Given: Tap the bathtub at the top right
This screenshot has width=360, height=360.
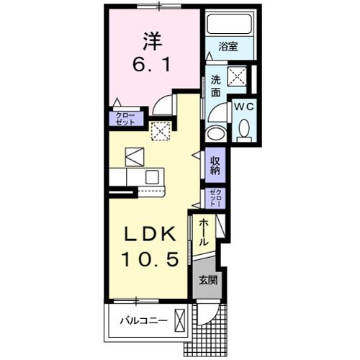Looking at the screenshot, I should click(x=228, y=26).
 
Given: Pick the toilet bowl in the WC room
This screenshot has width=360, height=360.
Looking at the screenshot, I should click(x=243, y=130).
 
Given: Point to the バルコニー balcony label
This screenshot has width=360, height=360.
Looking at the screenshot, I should click(x=143, y=320).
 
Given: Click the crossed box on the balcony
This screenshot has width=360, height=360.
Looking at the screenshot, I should click(x=179, y=319).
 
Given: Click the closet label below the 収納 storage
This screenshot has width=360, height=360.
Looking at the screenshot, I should click(x=215, y=197).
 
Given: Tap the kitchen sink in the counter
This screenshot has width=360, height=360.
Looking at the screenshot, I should click(x=153, y=177).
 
